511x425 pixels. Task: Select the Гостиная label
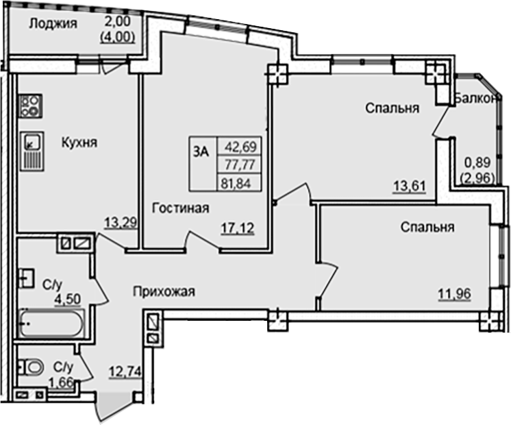point(180,208)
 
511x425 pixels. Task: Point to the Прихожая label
point(164,291)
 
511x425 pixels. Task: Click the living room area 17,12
point(236,228)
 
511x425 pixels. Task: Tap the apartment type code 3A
point(201,154)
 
